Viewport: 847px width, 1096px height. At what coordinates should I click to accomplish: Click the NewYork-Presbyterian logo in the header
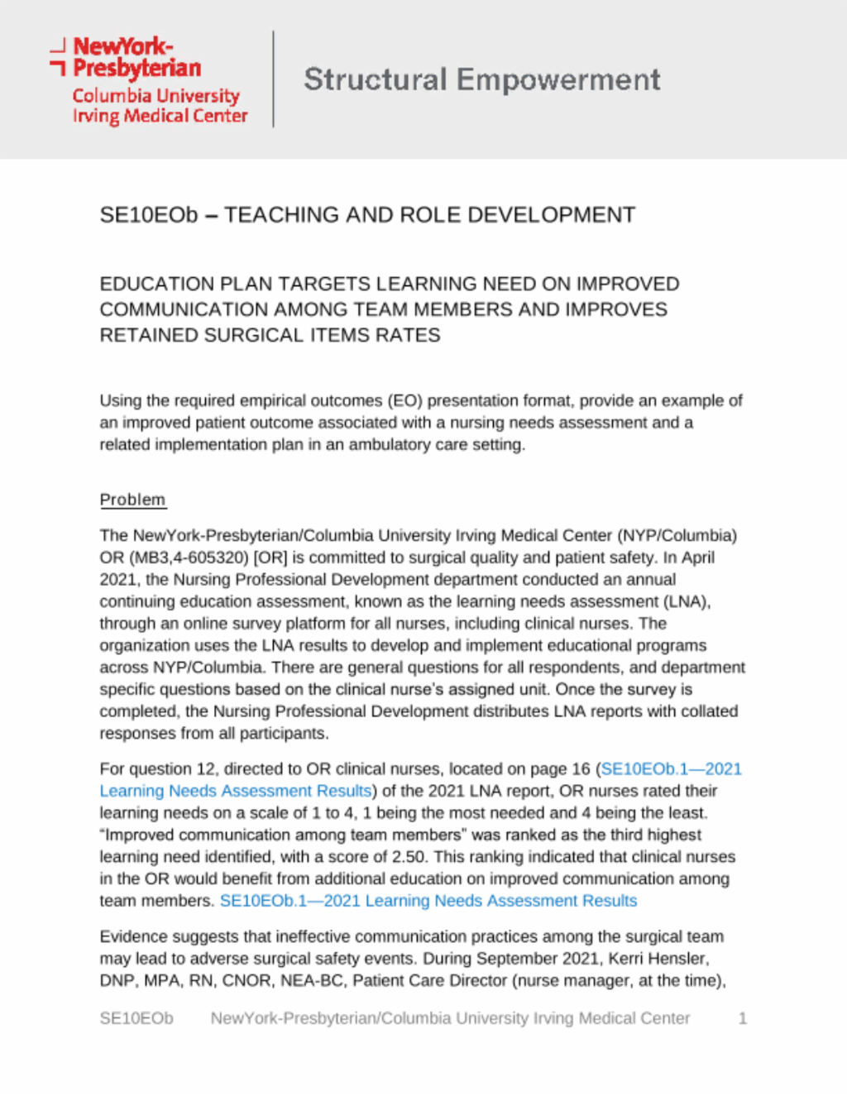(149, 80)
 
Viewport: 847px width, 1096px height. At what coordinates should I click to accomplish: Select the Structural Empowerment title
(481, 80)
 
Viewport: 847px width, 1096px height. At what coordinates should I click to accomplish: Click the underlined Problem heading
(132, 500)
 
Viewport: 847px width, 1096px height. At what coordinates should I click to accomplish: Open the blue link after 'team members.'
(428, 901)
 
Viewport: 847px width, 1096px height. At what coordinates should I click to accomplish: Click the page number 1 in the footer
(742, 1018)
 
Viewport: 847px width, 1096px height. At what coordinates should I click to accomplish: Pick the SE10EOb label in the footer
(136, 1018)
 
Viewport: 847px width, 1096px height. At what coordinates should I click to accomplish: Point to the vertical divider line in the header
(274, 79)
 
